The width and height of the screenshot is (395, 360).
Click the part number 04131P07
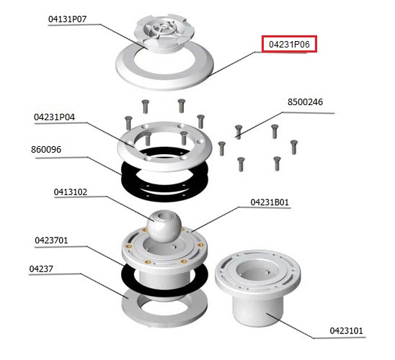(x=67, y=19)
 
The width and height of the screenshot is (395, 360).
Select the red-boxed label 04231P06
(x=289, y=44)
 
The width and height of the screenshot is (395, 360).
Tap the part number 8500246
(x=305, y=102)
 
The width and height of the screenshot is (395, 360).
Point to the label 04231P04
(x=54, y=117)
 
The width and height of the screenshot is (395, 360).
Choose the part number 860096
(x=46, y=150)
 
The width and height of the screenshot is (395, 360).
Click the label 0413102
(x=71, y=192)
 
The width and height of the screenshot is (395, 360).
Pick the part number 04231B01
(x=270, y=202)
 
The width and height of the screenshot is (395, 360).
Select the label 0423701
(x=51, y=240)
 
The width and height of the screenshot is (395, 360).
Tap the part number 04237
(x=41, y=269)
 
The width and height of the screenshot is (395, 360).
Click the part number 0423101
(x=347, y=330)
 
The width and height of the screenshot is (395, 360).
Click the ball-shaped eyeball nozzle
(x=164, y=226)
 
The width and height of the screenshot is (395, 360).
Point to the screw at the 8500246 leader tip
(x=239, y=132)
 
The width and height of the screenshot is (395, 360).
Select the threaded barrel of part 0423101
(x=258, y=311)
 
